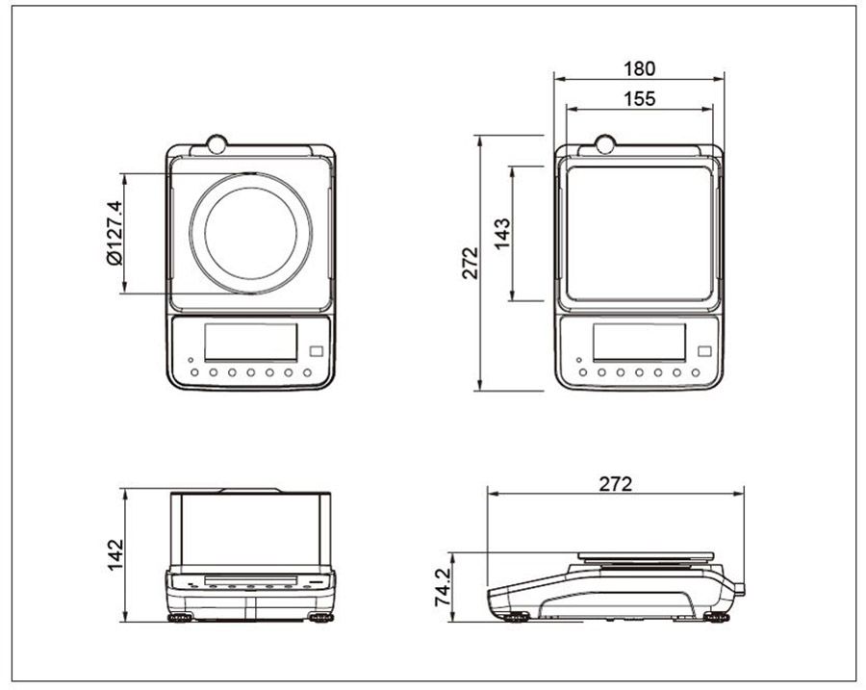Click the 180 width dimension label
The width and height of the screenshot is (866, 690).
pos(639,68)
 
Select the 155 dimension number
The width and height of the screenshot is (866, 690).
pos(639,98)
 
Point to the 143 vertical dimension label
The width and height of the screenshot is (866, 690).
pos(502,234)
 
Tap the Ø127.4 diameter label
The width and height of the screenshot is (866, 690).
pos(115,233)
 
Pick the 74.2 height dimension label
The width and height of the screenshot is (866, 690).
pos(443,587)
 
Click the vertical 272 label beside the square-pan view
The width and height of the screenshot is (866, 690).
pos(470,263)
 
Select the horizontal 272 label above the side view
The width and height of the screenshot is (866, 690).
pos(615,484)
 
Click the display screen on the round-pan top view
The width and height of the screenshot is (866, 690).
pos(251,342)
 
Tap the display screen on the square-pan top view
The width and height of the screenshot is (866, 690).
pos(639,342)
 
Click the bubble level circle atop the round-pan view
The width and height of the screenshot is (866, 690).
pos(217,144)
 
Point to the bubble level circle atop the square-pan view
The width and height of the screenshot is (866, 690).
pos(605,144)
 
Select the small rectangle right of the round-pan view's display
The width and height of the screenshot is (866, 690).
pos(316,351)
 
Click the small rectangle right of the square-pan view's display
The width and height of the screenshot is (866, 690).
pos(704,351)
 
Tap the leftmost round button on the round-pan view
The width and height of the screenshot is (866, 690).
pos(194,372)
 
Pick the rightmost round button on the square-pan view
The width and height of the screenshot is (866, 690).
pos(696,372)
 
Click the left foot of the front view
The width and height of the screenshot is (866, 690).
pos(181,617)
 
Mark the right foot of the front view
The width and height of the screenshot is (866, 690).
pos(321,617)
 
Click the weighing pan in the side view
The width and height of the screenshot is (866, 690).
pos(646,556)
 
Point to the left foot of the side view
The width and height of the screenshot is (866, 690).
pos(517,617)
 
